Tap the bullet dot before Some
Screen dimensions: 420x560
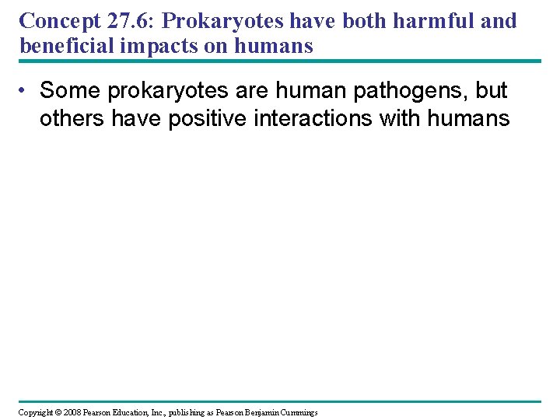(x=26, y=91)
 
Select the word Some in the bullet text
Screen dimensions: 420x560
(x=71, y=91)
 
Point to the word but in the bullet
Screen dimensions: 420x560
(x=491, y=91)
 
